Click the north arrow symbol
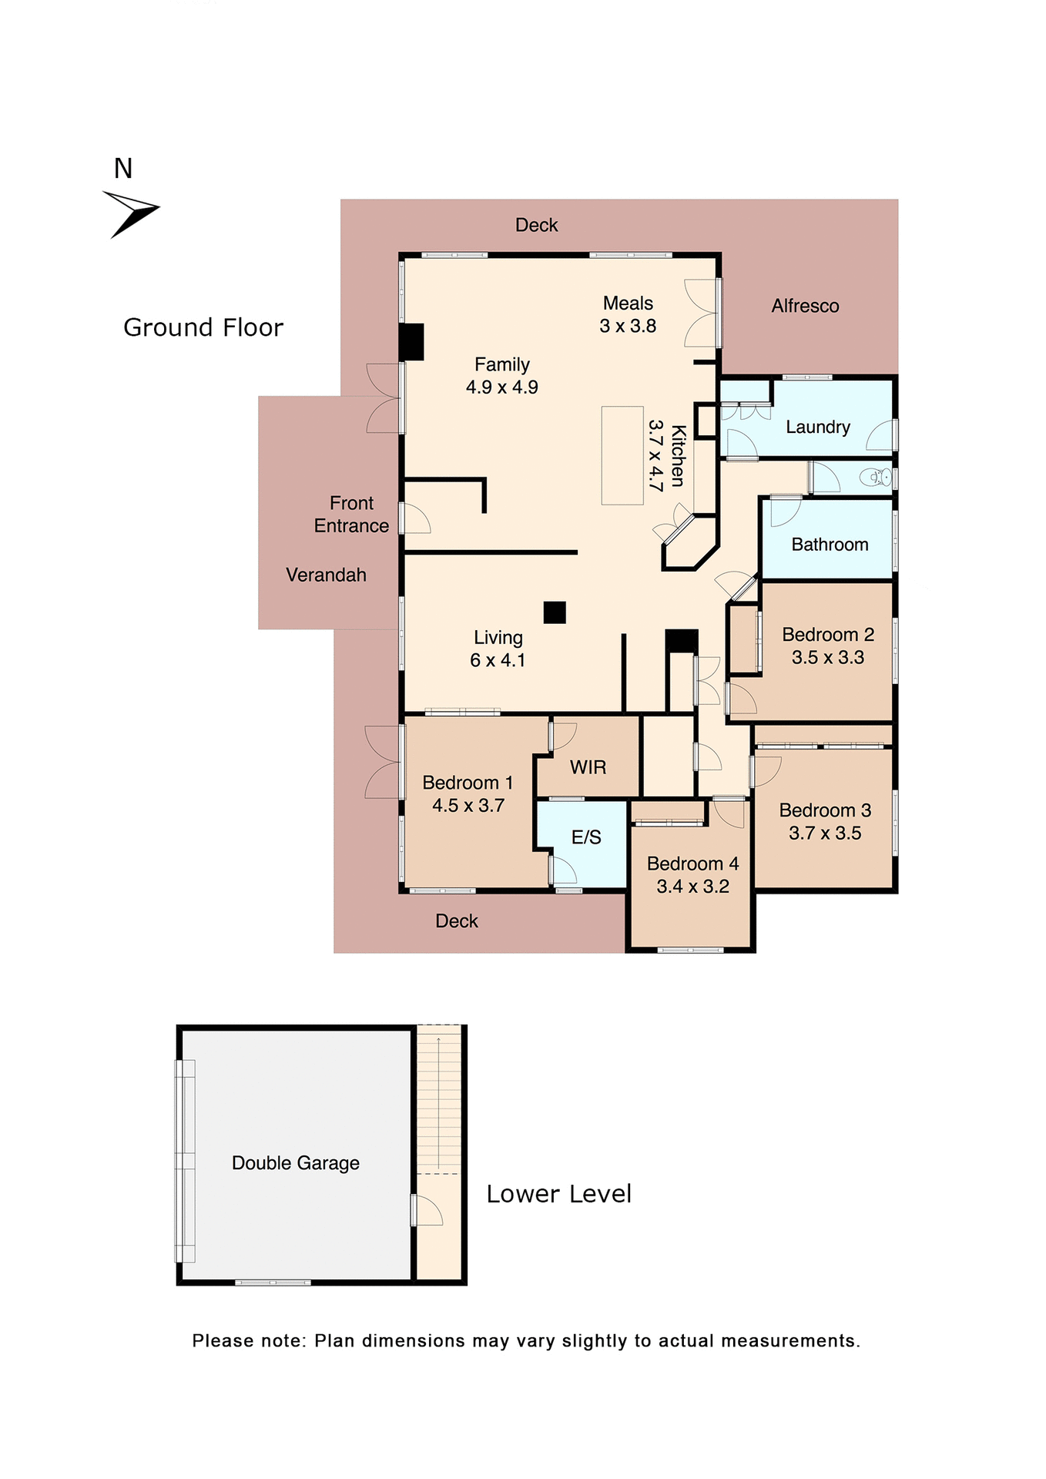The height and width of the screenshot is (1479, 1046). pos(131,213)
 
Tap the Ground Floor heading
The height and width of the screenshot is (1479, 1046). pos(203,328)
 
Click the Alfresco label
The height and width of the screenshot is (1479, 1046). pos(805,307)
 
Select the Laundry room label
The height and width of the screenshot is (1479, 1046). pos(817,428)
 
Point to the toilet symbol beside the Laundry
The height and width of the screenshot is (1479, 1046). pos(878,478)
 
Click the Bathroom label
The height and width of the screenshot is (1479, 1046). pos(830,545)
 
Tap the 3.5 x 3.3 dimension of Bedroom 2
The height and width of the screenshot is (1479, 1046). pos(827,658)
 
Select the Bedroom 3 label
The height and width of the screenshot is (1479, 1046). pos(824,810)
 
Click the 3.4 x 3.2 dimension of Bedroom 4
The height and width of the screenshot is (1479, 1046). pos(692,887)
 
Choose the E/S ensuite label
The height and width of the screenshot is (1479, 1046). pos(586,837)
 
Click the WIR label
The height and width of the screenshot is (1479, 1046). pos(588,767)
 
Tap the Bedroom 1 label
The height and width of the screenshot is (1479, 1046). pos(468,783)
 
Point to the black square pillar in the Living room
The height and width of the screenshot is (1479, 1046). pos(555,612)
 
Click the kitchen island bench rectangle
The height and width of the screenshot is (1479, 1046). pos(622,455)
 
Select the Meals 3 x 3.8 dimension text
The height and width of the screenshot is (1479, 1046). pos(628,327)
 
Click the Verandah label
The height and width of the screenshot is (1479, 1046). pos(326,575)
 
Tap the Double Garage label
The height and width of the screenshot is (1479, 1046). pos(296,1163)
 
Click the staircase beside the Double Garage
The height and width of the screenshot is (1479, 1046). pos(439,1102)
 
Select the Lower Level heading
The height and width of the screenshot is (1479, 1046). pos(558,1194)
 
